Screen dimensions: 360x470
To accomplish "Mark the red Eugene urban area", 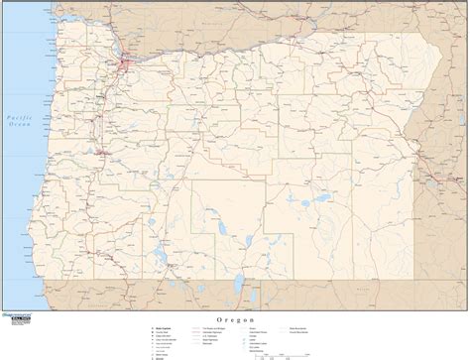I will tap(102, 155).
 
